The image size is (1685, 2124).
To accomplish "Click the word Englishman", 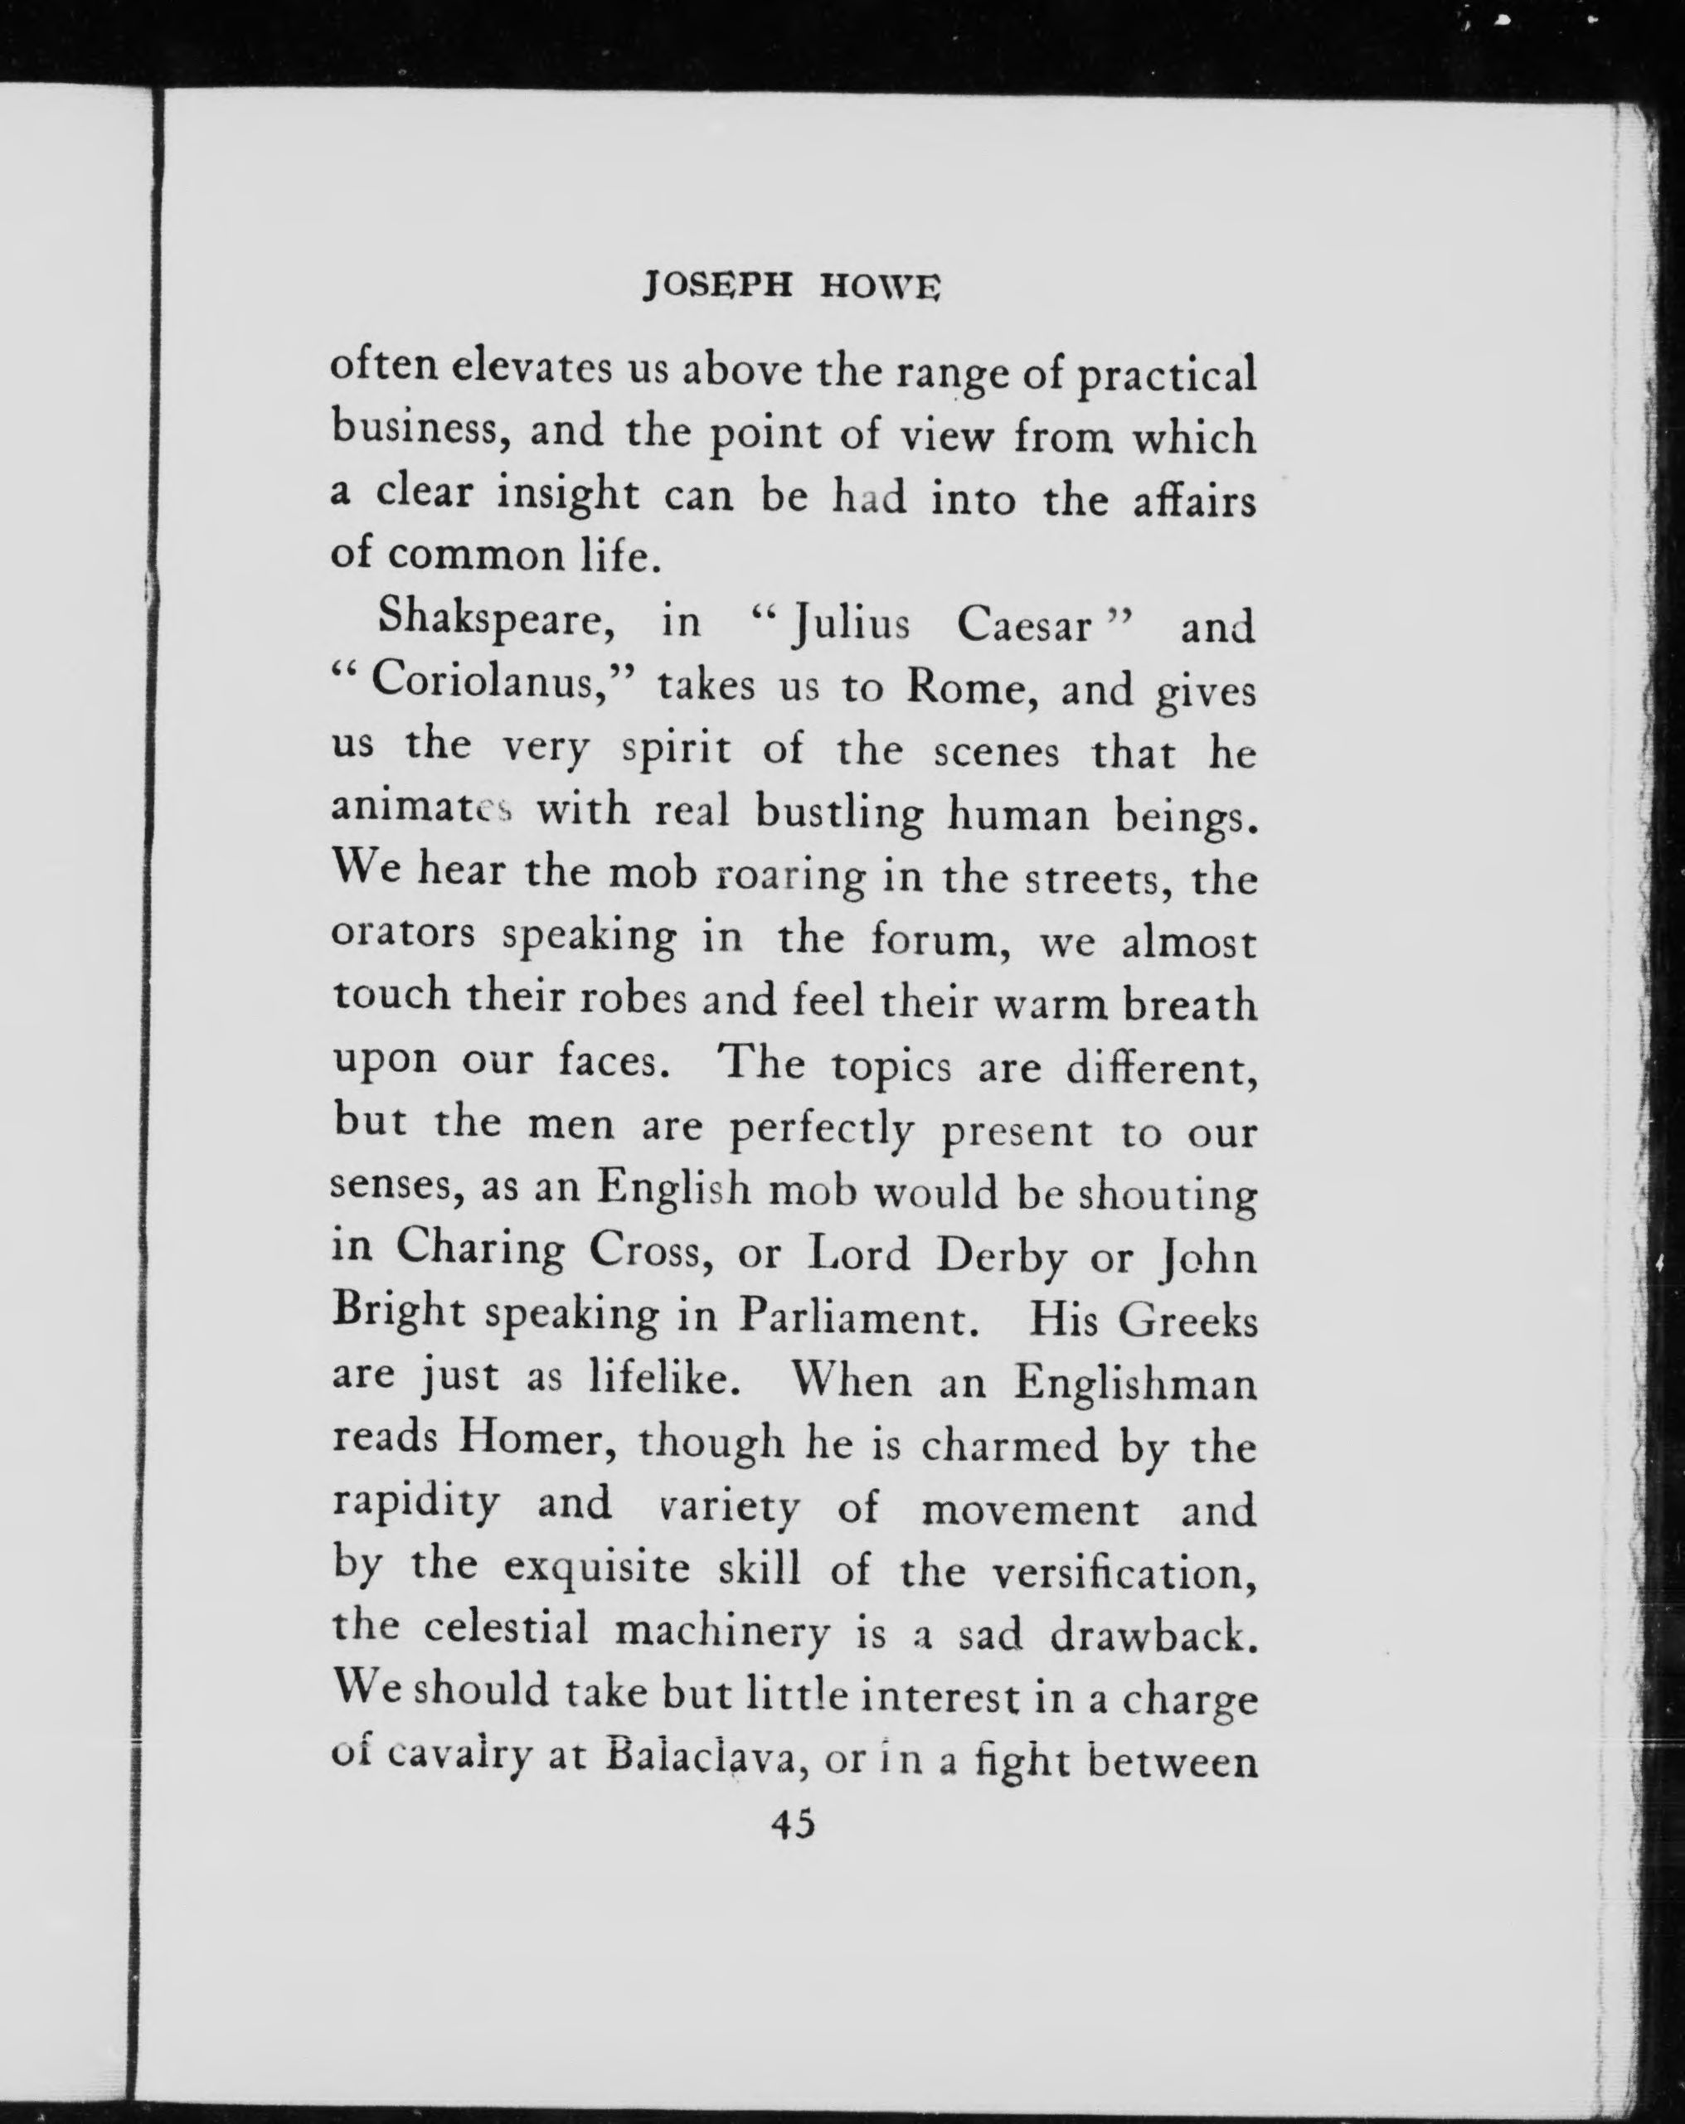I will pyautogui.click(x=1136, y=1381).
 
